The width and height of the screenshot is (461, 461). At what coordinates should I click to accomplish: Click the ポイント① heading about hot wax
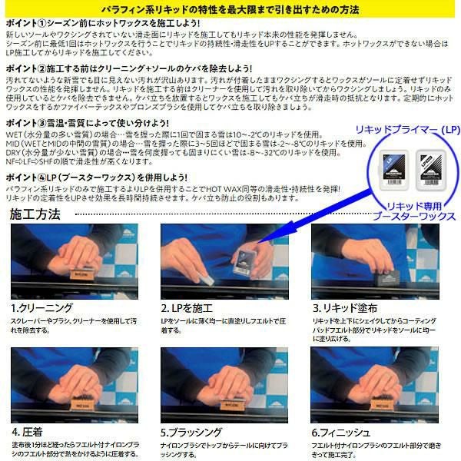click(101, 24)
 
